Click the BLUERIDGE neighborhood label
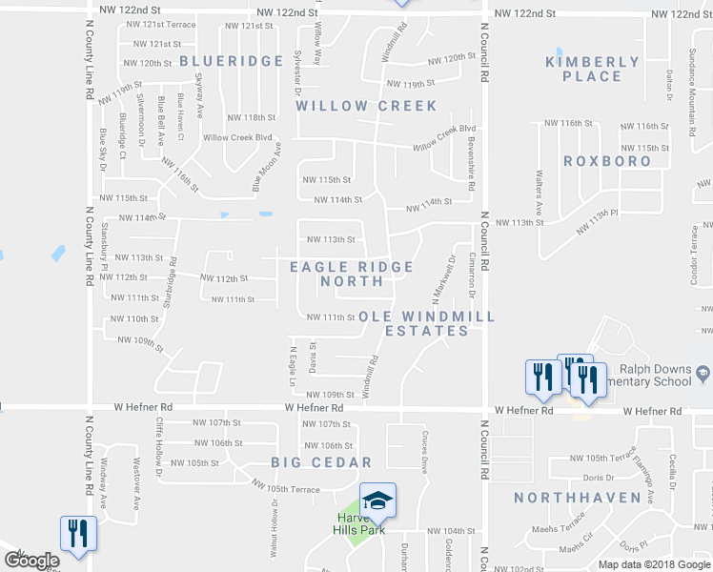coord(232,61)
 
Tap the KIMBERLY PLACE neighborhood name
coord(592,70)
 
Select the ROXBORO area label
coord(607,161)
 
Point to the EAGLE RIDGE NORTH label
coord(352,275)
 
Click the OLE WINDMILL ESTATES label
coord(426,323)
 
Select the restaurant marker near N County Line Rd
coord(75,533)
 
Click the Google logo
coord(31,562)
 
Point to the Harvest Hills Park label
coord(357,524)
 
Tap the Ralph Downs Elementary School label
coord(652,375)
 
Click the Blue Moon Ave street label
coord(268,168)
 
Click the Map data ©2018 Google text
coord(654,563)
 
